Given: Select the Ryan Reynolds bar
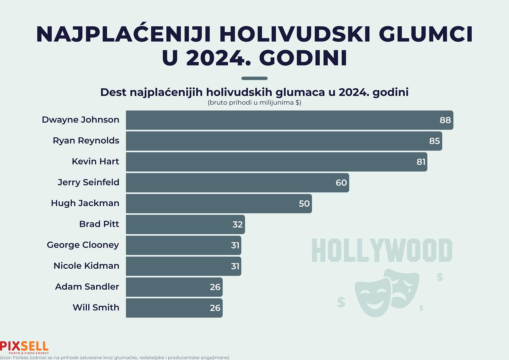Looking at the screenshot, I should click(283, 141).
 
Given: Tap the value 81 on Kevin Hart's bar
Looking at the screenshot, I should click(421, 162).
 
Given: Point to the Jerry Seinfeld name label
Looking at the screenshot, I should click(88, 182).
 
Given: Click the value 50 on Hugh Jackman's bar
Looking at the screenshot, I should click(304, 204).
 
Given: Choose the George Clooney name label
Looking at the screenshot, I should click(83, 245).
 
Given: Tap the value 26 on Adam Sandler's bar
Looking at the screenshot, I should click(215, 287).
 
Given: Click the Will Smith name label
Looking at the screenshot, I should click(96, 307).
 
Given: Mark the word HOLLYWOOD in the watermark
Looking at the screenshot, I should click(382, 250).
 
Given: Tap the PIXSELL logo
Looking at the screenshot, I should click(24, 347).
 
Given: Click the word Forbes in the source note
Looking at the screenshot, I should click(21, 358).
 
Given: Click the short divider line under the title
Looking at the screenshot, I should click(254, 78).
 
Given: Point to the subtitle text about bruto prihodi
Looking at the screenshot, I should click(254, 103).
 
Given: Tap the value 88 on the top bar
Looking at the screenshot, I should click(445, 120).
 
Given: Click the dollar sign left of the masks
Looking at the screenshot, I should click(341, 302).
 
